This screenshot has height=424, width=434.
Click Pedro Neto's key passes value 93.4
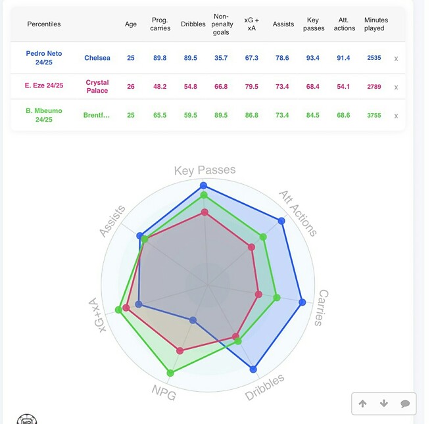coord(312,58)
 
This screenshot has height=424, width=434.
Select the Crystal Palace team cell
coord(97,87)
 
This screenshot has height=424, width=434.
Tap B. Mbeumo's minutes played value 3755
coord(374,115)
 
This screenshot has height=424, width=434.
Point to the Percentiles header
coord(44,24)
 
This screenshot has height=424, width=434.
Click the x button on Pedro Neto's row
coord(396,59)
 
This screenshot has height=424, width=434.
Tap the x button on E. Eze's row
coord(396,87)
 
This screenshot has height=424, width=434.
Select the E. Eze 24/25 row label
coord(44,87)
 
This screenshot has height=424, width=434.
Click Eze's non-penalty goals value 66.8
coord(221,87)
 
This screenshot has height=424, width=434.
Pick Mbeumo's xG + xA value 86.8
coord(251,115)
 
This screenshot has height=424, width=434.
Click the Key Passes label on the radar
coord(205,170)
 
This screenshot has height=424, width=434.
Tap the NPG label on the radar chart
coord(163,392)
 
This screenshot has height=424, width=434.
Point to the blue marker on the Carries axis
coord(302,302)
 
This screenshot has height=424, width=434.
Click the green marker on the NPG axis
coord(171,373)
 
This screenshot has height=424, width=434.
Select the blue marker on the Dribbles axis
coord(254,369)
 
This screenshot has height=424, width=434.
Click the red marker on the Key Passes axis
coord(205,212)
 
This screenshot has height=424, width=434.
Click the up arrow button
coord(363,404)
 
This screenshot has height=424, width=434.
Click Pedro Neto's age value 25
coord(131,58)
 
